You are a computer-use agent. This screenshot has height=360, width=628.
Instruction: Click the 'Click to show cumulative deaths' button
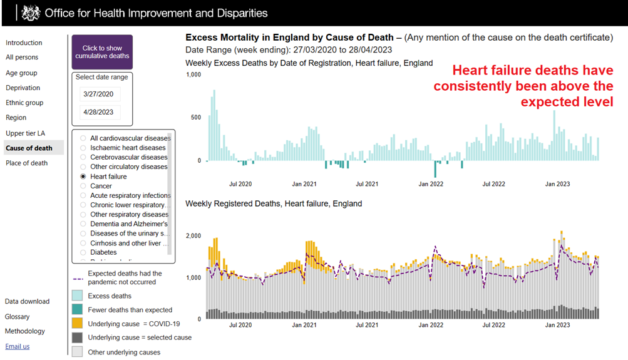point(102,52)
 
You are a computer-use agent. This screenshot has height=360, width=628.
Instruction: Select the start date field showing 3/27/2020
point(100,95)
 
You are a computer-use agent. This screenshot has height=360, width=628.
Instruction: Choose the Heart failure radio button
point(83,177)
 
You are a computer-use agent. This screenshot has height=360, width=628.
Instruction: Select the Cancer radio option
point(83,186)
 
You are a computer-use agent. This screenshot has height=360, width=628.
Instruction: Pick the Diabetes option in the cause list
point(83,252)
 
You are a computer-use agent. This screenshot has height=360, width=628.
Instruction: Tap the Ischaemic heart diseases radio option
point(83,148)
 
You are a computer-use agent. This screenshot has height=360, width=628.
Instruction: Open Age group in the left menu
point(21,73)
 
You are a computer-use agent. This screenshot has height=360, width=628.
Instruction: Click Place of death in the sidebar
point(26,163)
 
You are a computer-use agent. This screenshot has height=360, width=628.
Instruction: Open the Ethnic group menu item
point(24,103)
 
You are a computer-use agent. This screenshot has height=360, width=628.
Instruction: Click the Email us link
point(17,346)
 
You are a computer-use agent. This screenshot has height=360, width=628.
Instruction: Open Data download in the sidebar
point(27,301)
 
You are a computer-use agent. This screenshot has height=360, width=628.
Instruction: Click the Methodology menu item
point(25,331)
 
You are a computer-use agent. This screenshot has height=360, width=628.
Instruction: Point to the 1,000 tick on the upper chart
point(193,75)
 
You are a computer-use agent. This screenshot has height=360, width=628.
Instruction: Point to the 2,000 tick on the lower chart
point(193,236)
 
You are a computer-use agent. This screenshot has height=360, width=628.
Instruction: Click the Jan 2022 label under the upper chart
point(431,184)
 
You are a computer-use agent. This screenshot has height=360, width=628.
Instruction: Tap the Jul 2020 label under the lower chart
point(240,326)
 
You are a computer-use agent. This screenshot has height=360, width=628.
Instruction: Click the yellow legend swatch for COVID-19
point(77,324)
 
